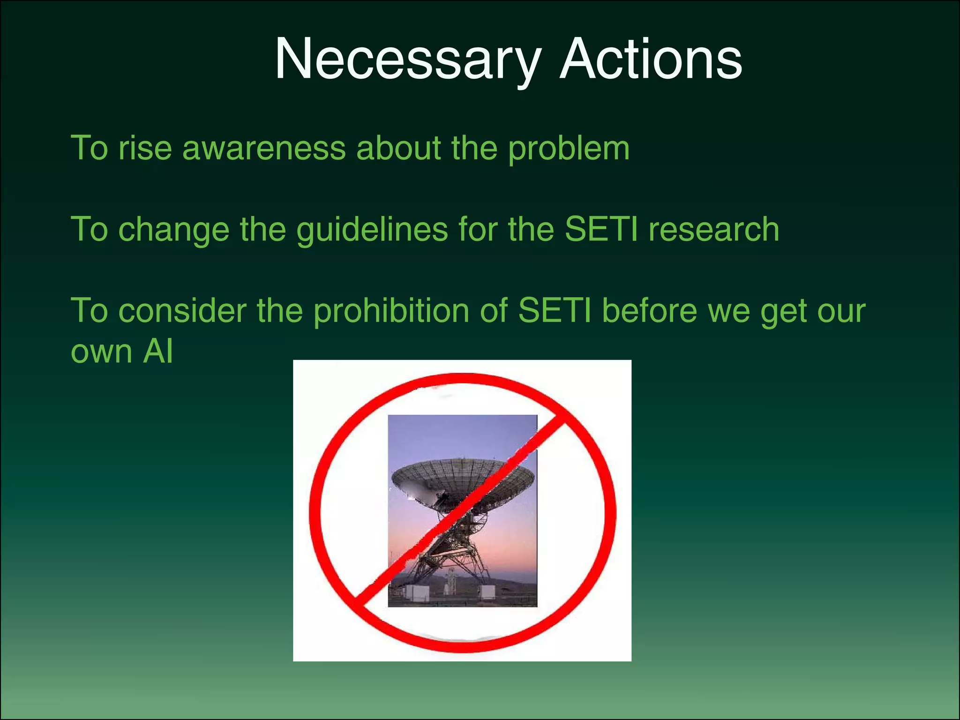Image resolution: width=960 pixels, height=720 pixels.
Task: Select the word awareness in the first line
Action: pos(264,149)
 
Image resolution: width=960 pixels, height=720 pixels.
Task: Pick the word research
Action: pos(713,230)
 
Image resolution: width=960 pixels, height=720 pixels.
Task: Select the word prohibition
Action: pos(391,311)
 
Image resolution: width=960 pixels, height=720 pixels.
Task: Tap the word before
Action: pos(650,310)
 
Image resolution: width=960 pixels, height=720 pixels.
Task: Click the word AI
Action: pos(158,351)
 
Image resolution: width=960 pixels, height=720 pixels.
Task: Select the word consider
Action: pos(182,311)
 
